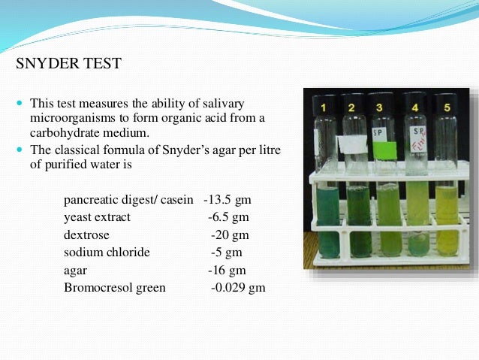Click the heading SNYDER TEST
click(x=68, y=63)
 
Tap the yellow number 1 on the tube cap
click(x=324, y=108)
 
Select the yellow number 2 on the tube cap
click(x=351, y=108)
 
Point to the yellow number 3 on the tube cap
click(x=380, y=107)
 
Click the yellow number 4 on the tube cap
click(x=414, y=107)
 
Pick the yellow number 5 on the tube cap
click(x=447, y=107)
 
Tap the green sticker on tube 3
click(x=384, y=149)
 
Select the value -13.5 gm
click(x=227, y=200)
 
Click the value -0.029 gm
click(x=238, y=287)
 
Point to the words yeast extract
click(x=97, y=217)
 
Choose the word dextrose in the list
click(x=86, y=234)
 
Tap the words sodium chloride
click(x=107, y=252)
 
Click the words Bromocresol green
click(x=115, y=287)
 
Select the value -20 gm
click(x=227, y=234)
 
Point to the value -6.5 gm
click(x=228, y=217)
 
